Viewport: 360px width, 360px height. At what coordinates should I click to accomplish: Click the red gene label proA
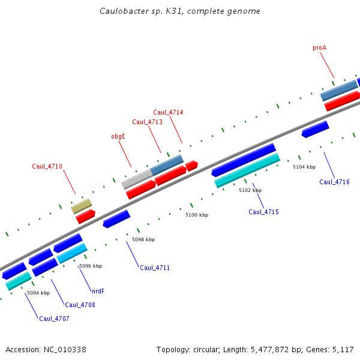319,47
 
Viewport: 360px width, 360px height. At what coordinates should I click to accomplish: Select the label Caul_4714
168,112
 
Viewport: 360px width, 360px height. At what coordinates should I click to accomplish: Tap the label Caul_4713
147,122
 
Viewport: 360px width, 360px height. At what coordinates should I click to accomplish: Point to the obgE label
118,136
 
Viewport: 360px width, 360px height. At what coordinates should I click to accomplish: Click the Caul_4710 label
47,166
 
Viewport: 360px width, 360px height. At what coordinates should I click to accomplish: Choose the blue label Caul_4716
334,182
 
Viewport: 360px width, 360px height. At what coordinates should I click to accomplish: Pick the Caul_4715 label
263,212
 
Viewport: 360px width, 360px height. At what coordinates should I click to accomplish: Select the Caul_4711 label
155,268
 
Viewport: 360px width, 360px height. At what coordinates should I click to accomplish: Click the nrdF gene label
98,291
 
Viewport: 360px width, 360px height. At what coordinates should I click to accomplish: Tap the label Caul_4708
80,305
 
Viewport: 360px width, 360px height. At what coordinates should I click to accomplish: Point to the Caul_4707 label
54,319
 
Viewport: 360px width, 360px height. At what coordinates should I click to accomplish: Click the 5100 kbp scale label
197,215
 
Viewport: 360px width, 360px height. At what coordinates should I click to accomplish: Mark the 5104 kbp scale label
304,167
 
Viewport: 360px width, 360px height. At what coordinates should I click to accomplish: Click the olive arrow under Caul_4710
81,206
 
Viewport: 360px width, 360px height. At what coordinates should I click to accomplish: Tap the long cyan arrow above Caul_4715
247,170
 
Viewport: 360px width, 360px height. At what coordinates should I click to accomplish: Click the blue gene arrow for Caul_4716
315,129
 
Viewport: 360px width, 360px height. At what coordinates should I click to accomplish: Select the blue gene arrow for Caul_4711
116,218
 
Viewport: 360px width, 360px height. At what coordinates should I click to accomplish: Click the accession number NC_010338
65,349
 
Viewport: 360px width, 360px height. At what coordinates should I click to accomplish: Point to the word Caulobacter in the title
123,11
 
